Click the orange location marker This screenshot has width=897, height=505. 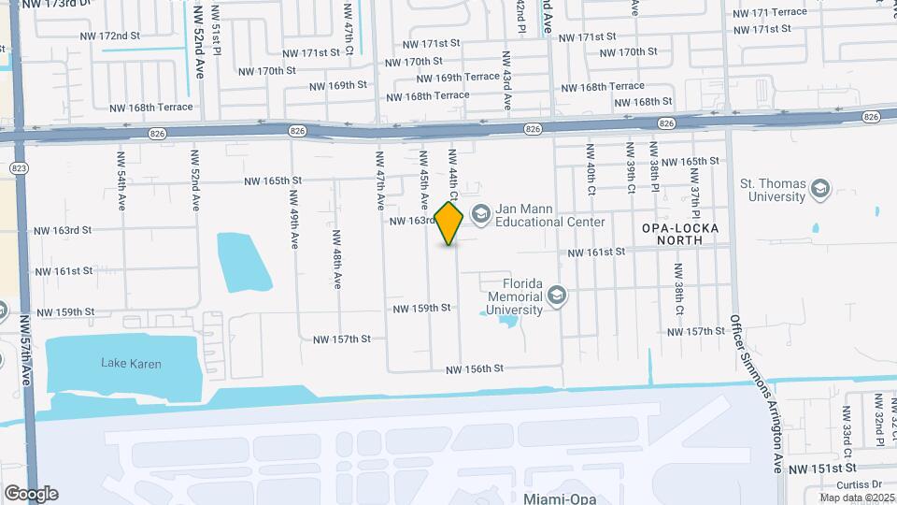449,223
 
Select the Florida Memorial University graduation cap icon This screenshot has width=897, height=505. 557,296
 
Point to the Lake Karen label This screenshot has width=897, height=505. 132,364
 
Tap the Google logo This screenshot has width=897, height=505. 31,493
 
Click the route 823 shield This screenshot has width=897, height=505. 19,167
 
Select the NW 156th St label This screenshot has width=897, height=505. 475,369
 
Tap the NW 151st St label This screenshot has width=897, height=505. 822,468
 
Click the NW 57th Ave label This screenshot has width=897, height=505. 25,346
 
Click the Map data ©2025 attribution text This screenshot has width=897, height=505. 856,498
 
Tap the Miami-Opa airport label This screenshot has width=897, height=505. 560,498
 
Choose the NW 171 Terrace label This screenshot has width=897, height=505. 770,12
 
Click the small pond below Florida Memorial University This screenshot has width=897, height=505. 507,323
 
